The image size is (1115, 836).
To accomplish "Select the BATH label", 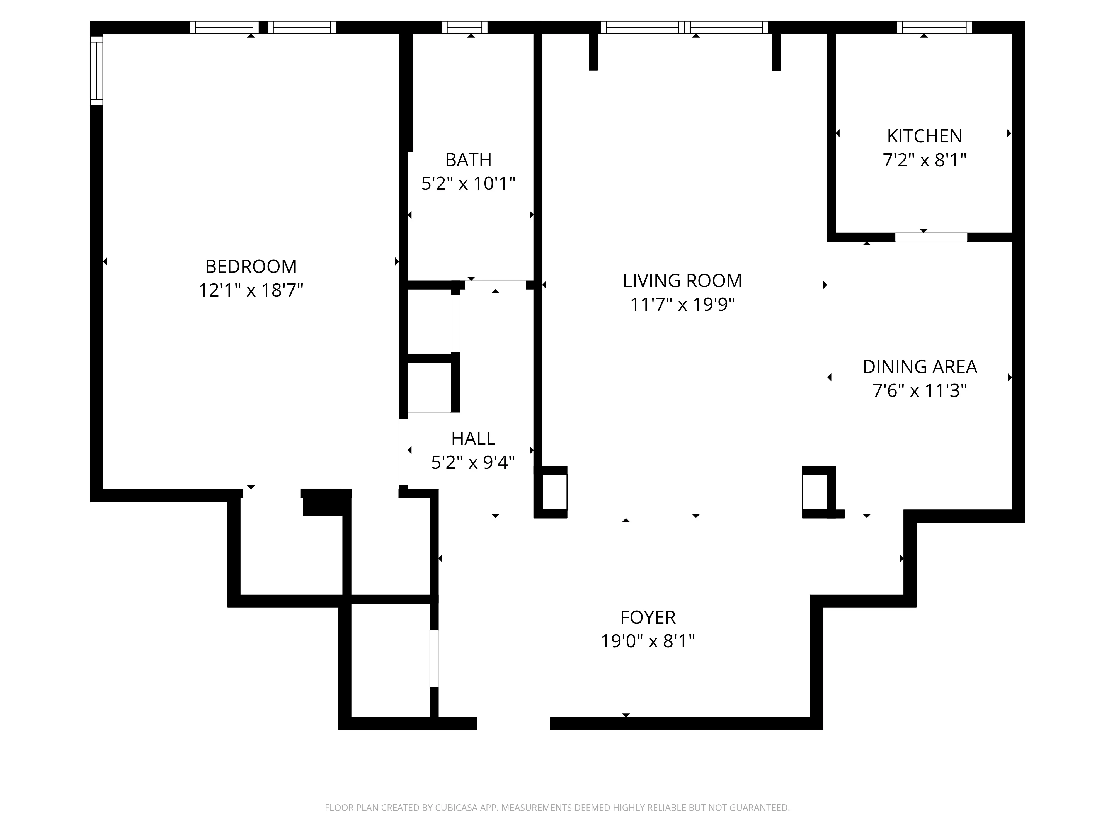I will click(x=468, y=160).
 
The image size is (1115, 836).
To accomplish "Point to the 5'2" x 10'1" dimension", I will click(x=468, y=183).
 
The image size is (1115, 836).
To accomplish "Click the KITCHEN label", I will click(x=924, y=136).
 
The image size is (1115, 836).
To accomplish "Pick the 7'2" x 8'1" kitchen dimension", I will click(x=924, y=160).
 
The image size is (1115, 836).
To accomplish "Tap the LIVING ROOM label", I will click(x=682, y=281).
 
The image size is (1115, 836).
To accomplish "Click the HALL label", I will click(x=473, y=438).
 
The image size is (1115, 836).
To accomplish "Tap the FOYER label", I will click(x=648, y=617).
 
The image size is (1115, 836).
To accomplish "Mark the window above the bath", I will click(x=464, y=27).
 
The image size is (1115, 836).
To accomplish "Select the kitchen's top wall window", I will click(x=934, y=27).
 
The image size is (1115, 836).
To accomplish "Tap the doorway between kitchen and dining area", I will click(x=931, y=237).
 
